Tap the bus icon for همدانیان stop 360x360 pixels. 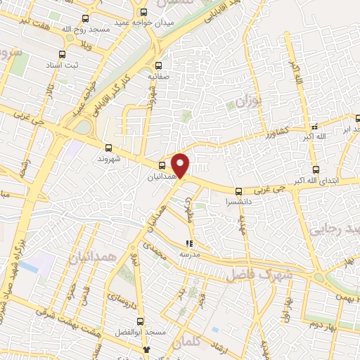(162, 166)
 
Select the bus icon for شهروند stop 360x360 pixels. (108, 148)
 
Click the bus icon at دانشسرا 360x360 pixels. (238, 191)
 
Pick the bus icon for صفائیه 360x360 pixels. (158, 61)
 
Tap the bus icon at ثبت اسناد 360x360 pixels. (62, 54)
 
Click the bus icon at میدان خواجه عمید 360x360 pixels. (144, 12)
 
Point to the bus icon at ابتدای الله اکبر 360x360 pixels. (315, 169)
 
